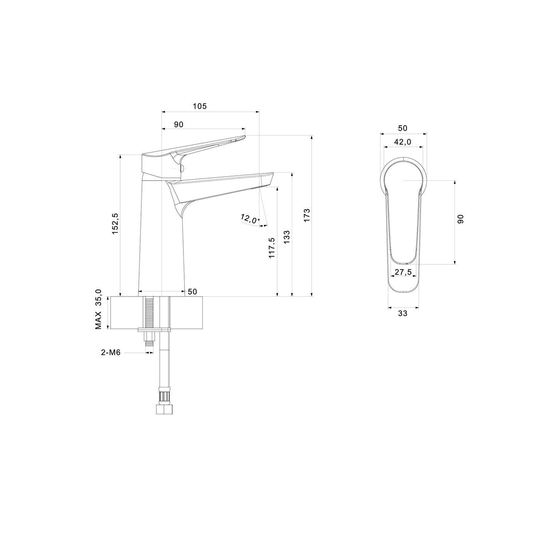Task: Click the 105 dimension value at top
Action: [200, 106]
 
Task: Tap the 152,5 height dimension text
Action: [115, 224]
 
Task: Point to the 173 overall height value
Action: [307, 214]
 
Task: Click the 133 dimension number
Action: [286, 238]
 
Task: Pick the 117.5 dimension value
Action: [272, 247]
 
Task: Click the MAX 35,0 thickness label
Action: [99, 309]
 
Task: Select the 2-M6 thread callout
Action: [111, 352]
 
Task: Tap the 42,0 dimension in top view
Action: [402, 142]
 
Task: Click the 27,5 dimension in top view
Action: [403, 272]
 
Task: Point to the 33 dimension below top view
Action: [403, 314]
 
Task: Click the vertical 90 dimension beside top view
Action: [461, 219]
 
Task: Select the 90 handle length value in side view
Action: [178, 124]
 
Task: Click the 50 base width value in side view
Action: [192, 292]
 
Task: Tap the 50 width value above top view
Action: [402, 128]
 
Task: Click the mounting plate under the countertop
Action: [154, 330]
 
